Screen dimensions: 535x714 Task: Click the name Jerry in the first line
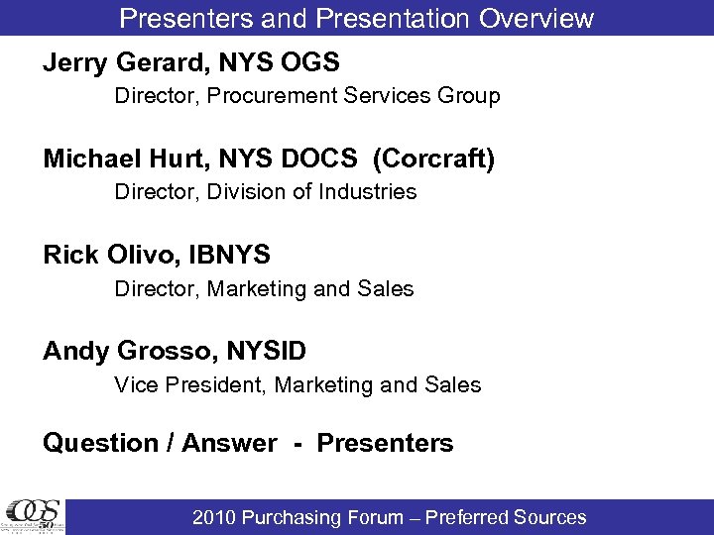[75, 63]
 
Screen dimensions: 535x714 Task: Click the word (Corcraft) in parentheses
[433, 160]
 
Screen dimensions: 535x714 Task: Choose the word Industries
[368, 191]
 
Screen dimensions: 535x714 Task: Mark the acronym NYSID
[266, 351]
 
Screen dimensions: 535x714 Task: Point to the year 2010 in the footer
[215, 517]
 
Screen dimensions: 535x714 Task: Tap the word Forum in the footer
[373, 517]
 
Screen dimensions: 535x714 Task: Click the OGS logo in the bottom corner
[33, 516]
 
